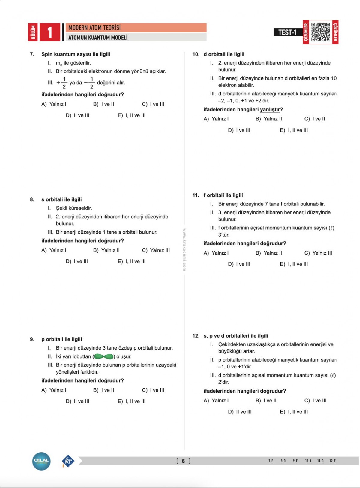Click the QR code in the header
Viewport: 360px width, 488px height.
point(320,32)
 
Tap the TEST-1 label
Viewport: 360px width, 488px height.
point(287,32)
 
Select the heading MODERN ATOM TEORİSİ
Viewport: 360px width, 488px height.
point(94,28)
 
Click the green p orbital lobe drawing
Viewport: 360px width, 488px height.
point(104,356)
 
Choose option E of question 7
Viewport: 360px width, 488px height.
point(131,115)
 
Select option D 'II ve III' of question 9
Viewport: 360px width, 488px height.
point(77,401)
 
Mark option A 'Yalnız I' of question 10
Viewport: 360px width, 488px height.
point(216,119)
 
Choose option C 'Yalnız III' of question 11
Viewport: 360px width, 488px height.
point(318,253)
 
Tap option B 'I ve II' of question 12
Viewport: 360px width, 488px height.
point(266,400)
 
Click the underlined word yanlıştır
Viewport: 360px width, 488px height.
point(270,110)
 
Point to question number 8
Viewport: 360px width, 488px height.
point(32,199)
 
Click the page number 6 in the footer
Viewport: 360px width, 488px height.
point(183,461)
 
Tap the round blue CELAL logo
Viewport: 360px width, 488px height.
point(41,461)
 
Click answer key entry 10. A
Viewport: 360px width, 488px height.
point(308,461)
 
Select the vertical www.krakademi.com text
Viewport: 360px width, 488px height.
point(184,249)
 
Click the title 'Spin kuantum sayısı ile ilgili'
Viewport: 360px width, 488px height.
point(76,54)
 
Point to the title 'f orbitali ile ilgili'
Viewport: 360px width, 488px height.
point(223,195)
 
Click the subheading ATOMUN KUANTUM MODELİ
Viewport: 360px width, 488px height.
point(98,38)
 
